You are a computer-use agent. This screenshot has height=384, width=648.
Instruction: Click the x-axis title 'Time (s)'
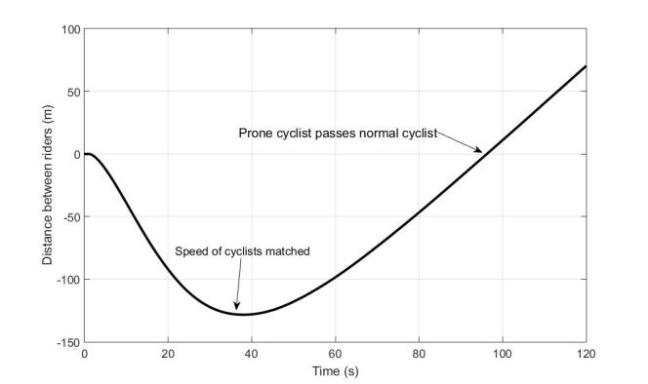(x=335, y=371)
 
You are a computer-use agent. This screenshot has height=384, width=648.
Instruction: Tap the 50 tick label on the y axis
(x=71, y=92)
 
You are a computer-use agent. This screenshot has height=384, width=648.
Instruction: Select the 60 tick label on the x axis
(x=335, y=353)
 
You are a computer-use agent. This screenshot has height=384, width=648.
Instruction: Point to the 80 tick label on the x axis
(x=419, y=353)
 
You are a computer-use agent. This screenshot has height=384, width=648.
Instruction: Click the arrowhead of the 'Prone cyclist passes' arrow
(x=479, y=151)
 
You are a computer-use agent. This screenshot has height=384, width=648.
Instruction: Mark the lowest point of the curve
(x=242, y=314)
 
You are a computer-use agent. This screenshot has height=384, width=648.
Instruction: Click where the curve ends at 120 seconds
(x=586, y=66)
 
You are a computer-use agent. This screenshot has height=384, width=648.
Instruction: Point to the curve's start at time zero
(x=85, y=154)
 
